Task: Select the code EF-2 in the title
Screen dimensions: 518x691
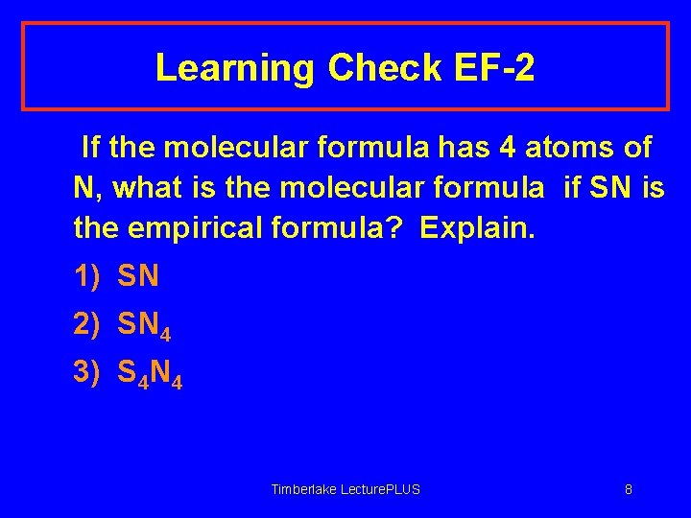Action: point(496,68)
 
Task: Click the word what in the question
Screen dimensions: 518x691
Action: point(145,189)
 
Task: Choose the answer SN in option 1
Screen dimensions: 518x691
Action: point(138,277)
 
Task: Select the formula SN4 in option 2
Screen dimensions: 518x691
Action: point(144,326)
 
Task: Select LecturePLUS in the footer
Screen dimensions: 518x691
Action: point(382,489)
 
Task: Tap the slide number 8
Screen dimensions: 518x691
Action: point(629,489)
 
